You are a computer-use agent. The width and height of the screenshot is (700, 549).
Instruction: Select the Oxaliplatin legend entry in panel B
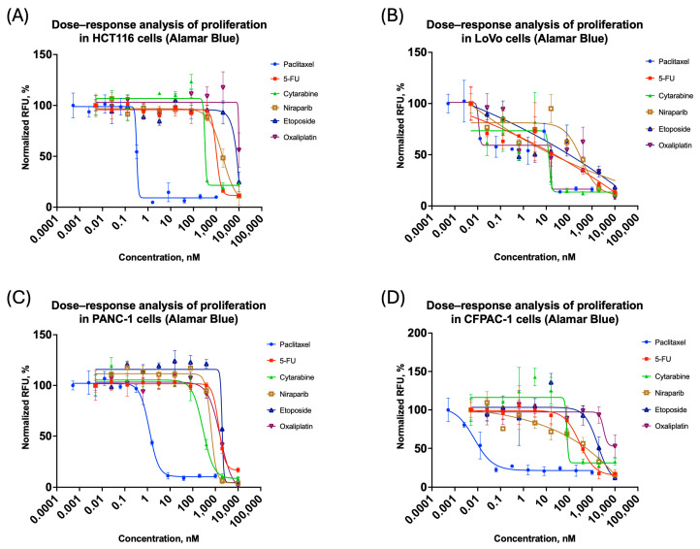[668, 145]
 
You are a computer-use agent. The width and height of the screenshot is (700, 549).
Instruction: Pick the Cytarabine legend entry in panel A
[294, 94]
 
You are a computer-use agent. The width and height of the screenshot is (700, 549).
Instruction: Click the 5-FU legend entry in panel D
[656, 359]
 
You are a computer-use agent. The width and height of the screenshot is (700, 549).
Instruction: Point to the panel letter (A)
[17, 16]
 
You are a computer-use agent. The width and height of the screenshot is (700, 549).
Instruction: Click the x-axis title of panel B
[535, 257]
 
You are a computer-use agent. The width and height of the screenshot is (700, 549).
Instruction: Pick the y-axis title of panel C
[26, 407]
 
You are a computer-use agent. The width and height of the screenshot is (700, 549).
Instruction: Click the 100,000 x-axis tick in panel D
[624, 506]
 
